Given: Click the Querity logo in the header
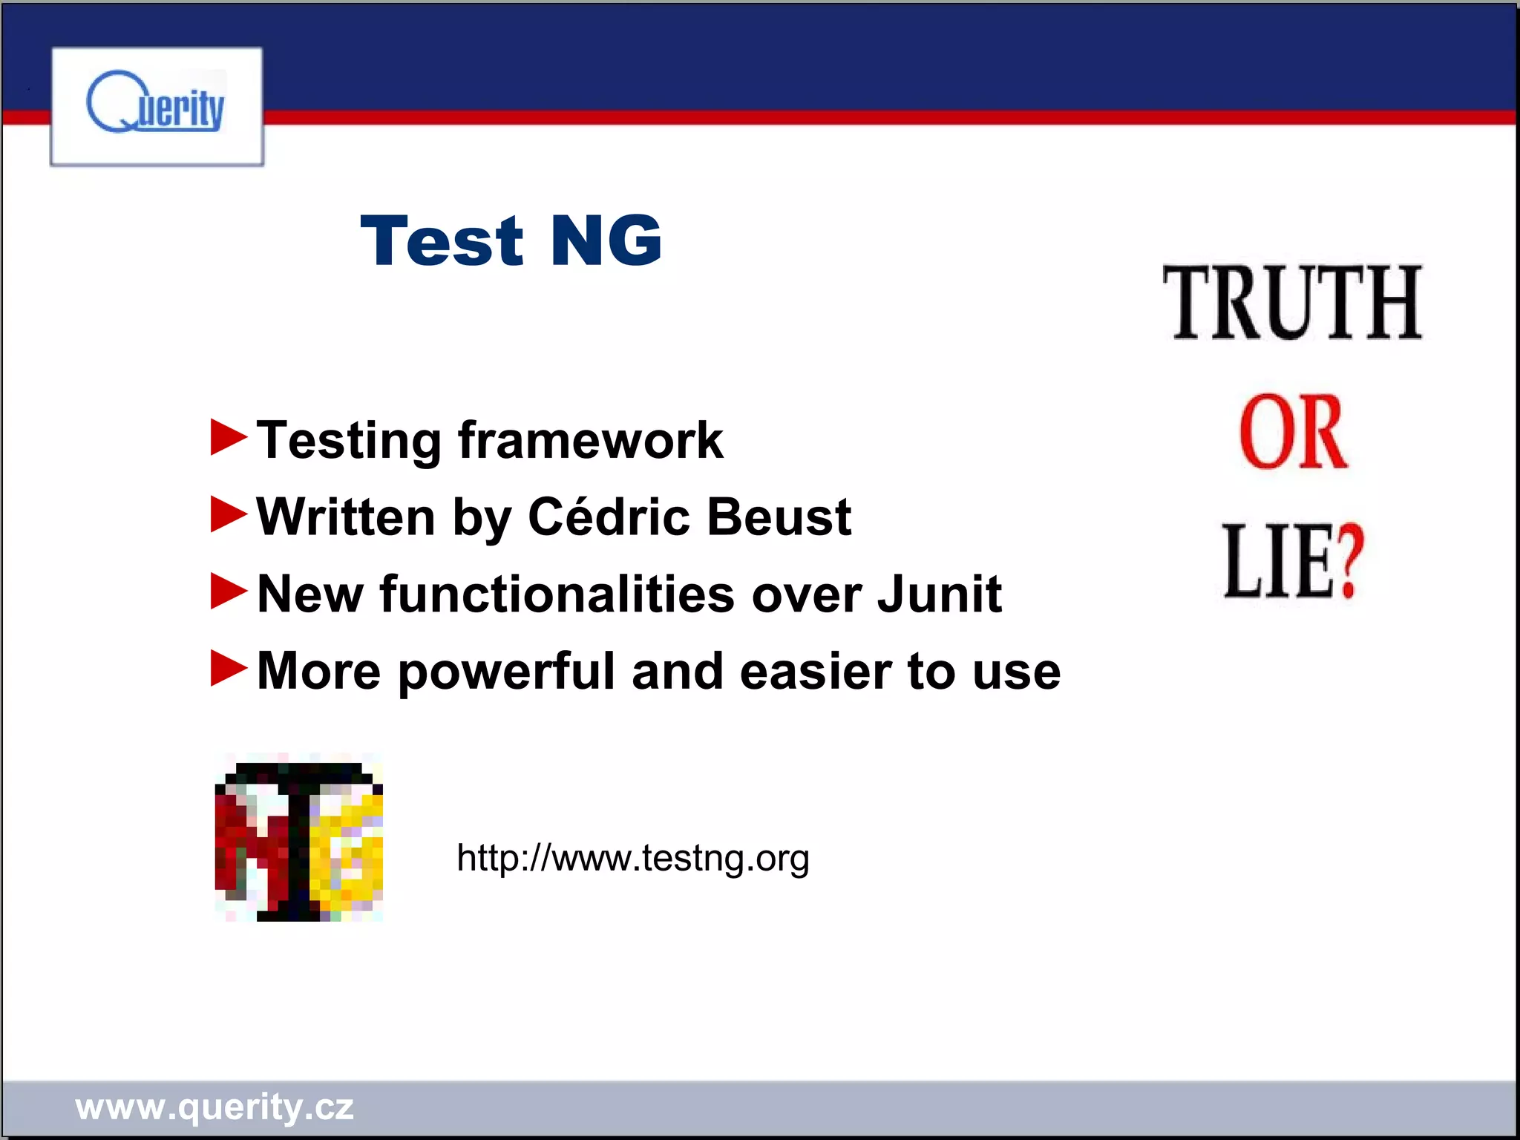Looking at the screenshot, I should coord(156,106).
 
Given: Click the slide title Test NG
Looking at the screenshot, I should coord(511,240).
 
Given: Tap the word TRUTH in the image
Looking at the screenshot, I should coord(1292,303).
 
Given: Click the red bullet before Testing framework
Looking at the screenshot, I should coord(228,437).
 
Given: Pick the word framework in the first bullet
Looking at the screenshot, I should coord(590,440).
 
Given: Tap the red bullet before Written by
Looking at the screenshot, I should coord(228,514).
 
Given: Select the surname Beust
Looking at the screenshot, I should coord(779,517).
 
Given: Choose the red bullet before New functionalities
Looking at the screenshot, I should coord(228,592).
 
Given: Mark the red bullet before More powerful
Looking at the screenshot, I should coord(228,668).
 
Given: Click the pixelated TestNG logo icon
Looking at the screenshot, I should coord(299,841).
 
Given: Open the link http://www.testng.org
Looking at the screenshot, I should coord(632,858).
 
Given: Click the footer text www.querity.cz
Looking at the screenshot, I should coord(214,1107).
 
